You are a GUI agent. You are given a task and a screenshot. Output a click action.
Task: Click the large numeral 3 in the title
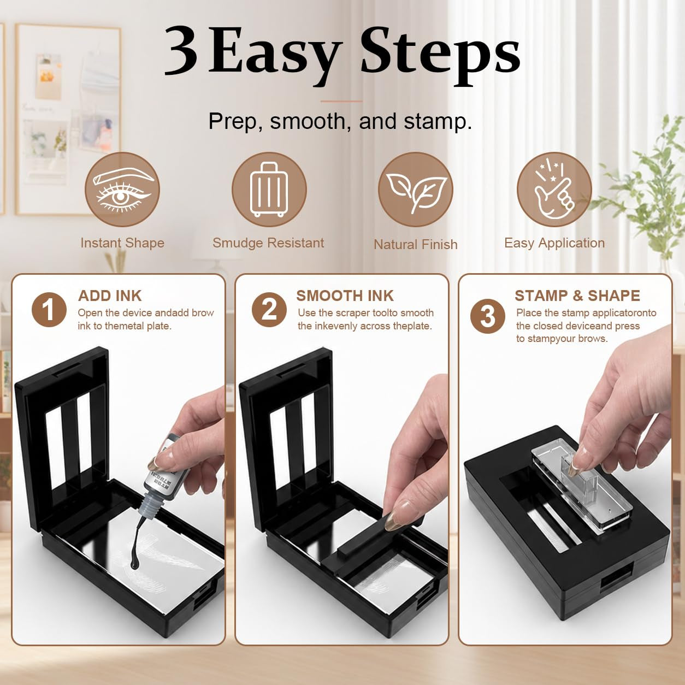click(x=181, y=50)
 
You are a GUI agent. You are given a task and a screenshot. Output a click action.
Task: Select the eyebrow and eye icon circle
click(x=122, y=190)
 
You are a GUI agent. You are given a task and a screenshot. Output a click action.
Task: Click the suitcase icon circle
click(x=269, y=190)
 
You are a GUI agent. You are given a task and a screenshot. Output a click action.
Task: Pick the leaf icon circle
click(x=416, y=190)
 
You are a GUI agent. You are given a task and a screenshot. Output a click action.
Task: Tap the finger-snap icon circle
click(x=554, y=190)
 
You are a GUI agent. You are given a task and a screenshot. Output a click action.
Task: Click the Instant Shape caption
click(x=122, y=244)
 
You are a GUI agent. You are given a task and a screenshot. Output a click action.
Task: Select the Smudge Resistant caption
click(x=268, y=243)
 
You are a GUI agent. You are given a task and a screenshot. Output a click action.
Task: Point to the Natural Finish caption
click(x=416, y=244)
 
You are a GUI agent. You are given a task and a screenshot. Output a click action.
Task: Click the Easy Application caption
click(x=554, y=244)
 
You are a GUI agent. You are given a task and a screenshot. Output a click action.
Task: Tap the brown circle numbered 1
click(x=49, y=310)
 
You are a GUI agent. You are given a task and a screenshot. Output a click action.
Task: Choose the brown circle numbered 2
click(x=269, y=310)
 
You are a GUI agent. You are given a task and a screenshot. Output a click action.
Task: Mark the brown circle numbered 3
click(x=487, y=316)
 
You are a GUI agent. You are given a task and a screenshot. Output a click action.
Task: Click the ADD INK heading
click(x=110, y=296)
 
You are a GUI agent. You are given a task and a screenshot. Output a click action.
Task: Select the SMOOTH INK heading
click(x=345, y=296)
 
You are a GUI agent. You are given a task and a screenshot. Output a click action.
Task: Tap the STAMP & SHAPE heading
click(x=577, y=296)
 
